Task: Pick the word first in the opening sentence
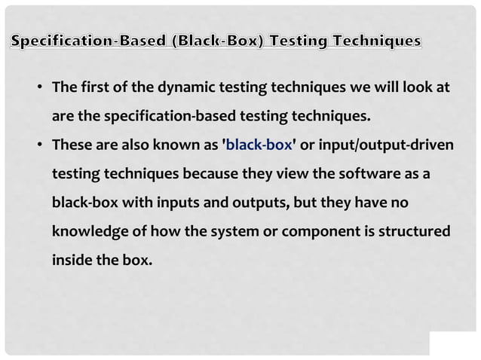tap(99, 88)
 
